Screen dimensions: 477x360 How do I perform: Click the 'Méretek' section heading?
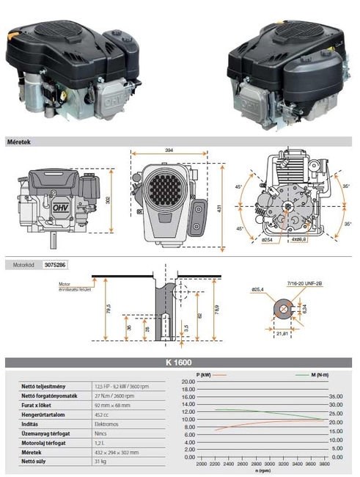tap(19, 141)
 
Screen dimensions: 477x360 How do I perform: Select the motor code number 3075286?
tap(57, 262)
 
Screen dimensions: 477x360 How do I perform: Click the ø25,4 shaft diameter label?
tap(257, 289)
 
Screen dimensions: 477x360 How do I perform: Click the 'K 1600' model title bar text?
tap(179, 363)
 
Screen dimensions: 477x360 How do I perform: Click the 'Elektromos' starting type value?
tap(106, 422)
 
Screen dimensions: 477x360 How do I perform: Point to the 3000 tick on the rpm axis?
tap(269, 464)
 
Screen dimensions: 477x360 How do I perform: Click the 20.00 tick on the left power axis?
tap(188, 382)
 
